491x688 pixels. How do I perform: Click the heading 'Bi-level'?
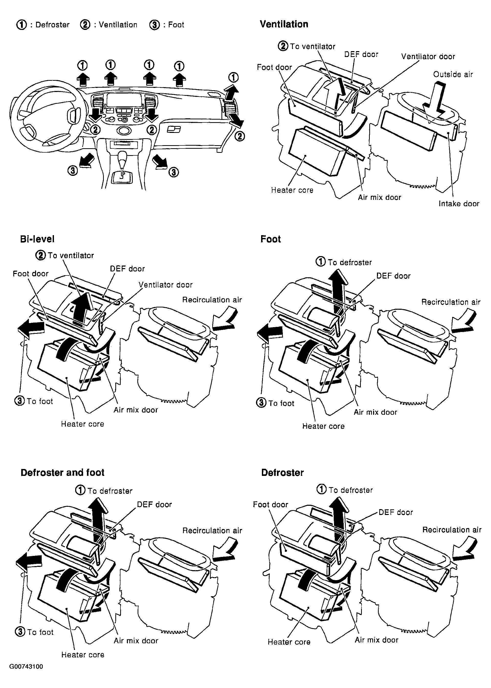(x=37, y=239)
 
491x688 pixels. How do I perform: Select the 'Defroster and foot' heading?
(x=62, y=472)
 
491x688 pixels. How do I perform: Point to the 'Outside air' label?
(x=453, y=74)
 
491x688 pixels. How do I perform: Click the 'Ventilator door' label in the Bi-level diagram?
(x=166, y=285)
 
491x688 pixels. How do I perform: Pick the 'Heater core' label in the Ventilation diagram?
(x=292, y=190)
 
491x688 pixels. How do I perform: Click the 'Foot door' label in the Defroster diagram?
(x=271, y=504)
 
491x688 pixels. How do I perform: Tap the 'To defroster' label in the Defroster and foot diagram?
(x=110, y=491)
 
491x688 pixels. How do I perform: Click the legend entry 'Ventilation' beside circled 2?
(x=118, y=25)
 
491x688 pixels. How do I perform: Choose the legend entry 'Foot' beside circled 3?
(x=176, y=25)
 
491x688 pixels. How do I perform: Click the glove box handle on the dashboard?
(x=174, y=129)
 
